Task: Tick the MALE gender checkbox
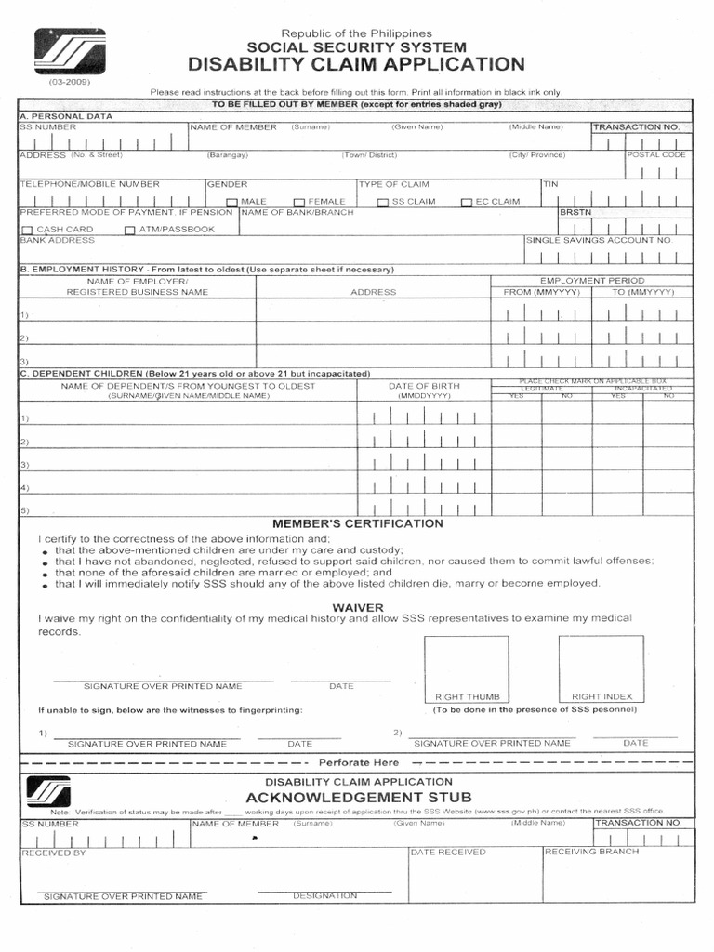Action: (231, 203)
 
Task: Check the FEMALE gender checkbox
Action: (299, 203)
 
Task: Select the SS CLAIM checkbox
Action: (382, 203)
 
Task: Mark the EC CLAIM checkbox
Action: (468, 203)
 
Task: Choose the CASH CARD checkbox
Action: (27, 231)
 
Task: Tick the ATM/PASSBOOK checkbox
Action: (130, 231)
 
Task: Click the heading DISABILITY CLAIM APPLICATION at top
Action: (356, 64)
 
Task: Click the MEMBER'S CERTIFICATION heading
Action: (357, 523)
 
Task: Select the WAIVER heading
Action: (357, 607)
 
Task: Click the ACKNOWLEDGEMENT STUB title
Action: (358, 798)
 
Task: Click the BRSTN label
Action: (575, 213)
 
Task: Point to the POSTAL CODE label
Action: (656, 155)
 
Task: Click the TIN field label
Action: (550, 184)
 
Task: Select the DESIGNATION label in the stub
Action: (324, 895)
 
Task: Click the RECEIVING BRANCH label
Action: (591, 852)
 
